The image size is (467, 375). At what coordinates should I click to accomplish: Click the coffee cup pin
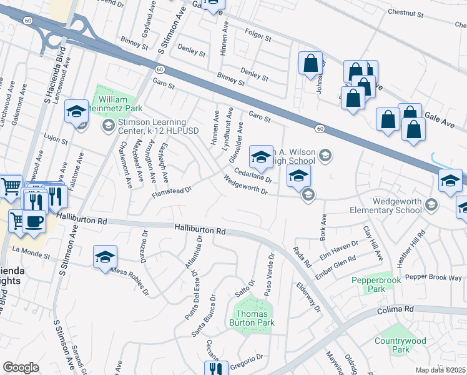[x=34, y=221]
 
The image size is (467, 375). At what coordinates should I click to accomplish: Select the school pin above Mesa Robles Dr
[x=105, y=256]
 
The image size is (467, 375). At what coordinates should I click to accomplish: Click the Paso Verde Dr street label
[x=269, y=275]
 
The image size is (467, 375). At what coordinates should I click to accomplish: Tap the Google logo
[x=21, y=367]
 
